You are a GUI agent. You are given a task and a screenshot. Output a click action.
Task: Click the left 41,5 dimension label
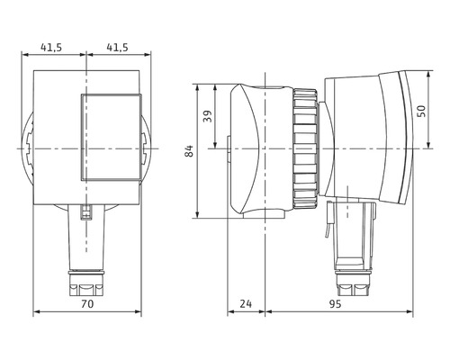[51, 48]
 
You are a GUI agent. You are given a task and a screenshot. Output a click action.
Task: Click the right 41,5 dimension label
[118, 48]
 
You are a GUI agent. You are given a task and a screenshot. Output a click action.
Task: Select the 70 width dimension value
[87, 304]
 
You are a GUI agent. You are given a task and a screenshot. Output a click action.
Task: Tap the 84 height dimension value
[189, 151]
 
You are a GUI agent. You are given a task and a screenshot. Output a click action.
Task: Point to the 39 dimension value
[208, 116]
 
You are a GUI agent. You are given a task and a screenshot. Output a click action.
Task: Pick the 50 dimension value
[421, 111]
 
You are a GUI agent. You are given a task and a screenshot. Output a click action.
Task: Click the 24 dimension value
[246, 304]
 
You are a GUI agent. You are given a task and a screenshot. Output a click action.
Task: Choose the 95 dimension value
[335, 304]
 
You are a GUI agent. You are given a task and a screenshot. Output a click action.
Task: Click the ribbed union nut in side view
[305, 148]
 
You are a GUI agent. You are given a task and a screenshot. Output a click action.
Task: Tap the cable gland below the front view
[86, 283]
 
